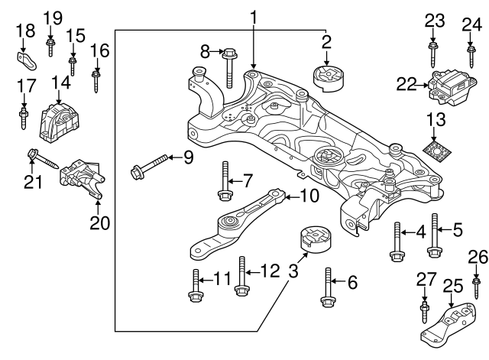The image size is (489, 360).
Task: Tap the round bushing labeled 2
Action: (326, 78)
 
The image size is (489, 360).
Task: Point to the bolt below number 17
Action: (24, 118)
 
